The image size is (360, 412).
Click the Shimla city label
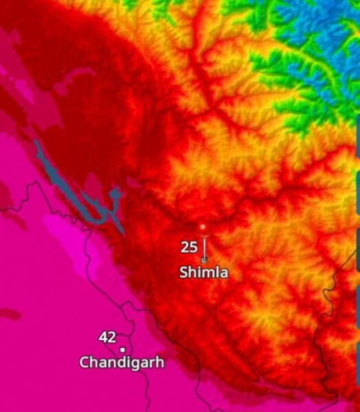point(203,273)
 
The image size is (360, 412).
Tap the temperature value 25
point(189,247)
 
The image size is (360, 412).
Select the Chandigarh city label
point(122,362)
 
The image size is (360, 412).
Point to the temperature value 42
point(107,337)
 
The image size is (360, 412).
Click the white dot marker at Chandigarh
point(122,350)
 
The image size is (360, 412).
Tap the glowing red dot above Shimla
point(203,226)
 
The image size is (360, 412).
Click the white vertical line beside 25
point(203,247)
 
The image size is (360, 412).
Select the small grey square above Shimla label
point(203,260)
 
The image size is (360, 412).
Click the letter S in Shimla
point(184,273)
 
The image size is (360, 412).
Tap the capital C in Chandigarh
point(84,362)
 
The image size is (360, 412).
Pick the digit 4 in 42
point(103,337)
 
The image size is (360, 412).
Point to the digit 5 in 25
point(193,247)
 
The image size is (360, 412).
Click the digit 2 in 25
point(185,247)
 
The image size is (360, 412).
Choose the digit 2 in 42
point(111,337)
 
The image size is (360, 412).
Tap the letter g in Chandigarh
point(138,363)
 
